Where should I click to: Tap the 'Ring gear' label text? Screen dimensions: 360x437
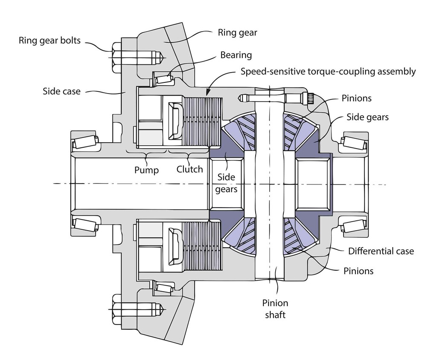click(x=237, y=32)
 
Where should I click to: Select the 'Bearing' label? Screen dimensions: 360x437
click(x=236, y=55)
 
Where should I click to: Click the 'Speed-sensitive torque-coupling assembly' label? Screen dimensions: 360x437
click(x=328, y=71)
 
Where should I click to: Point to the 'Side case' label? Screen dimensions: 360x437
click(x=61, y=91)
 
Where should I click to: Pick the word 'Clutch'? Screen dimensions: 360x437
click(x=189, y=169)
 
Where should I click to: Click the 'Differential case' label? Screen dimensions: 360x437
click(x=381, y=251)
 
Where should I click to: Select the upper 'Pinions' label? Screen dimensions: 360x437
click(x=356, y=98)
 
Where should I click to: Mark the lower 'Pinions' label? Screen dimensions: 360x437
click(x=358, y=271)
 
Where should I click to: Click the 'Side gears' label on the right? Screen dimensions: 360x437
click(x=367, y=117)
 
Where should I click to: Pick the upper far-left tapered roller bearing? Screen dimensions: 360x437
click(x=85, y=142)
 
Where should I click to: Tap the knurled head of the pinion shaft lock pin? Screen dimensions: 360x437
click(x=310, y=98)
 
